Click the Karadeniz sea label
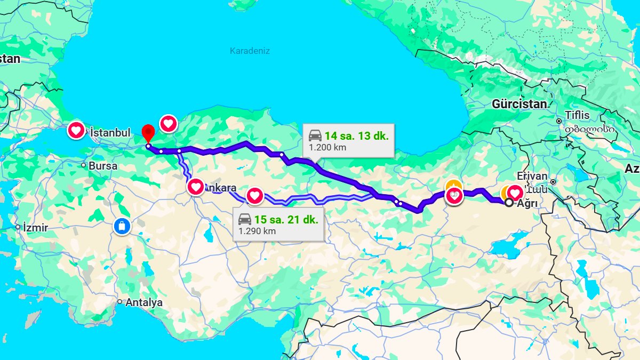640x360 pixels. point(250,51)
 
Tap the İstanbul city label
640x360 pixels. point(110,132)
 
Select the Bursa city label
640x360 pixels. point(103,166)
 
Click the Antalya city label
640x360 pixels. point(144,302)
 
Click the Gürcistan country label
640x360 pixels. point(520,104)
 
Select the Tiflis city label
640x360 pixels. point(578,115)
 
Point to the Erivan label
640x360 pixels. point(532,176)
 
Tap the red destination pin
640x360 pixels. point(148,133)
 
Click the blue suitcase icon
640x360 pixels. point(122,226)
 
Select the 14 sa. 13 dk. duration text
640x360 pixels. point(356,135)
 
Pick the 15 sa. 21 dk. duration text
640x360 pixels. point(286,219)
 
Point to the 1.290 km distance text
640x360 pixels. point(257,231)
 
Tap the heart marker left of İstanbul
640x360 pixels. point(76,130)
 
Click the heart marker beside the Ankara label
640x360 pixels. point(196,187)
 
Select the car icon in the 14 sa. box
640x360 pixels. point(315,135)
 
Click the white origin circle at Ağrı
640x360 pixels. point(509,203)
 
